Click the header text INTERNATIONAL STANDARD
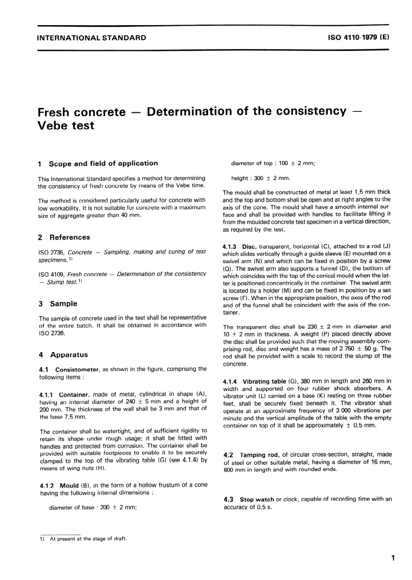[92, 38]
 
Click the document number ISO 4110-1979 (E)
[359, 37]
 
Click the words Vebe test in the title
[66, 126]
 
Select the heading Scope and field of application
[103, 163]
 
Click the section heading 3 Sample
[58, 303]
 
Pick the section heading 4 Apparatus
[63, 355]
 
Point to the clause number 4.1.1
[46, 395]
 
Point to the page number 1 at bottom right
[392, 558]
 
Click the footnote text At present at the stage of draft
[88, 539]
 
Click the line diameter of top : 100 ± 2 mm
[273, 163]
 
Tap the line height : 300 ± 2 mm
[261, 178]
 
